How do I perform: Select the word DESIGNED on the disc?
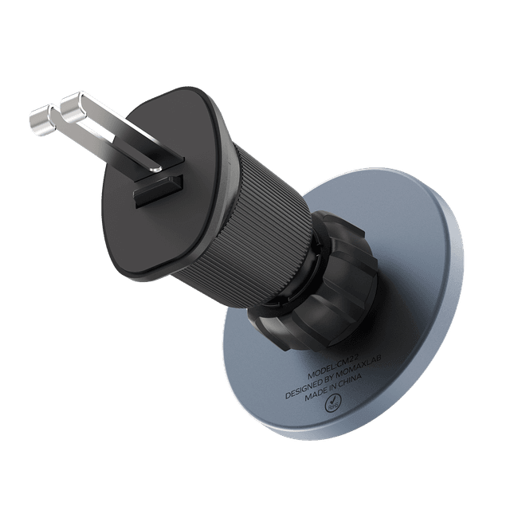click(303, 389)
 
